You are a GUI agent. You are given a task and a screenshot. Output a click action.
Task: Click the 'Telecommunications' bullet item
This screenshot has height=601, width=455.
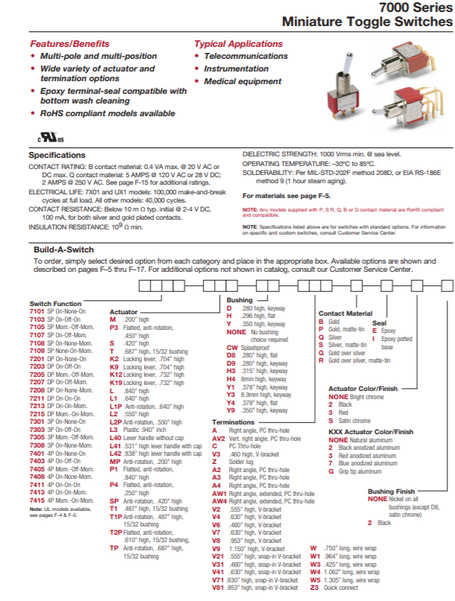coord(245,57)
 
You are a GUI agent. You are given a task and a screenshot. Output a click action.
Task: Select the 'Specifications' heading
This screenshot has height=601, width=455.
coord(57,155)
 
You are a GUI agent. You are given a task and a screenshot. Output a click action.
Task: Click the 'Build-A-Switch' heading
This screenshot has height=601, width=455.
coord(63,249)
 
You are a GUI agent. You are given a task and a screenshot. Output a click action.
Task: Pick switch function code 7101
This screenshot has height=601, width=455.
coord(37,311)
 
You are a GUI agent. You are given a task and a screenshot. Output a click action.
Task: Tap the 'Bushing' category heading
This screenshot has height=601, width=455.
coord(239,299)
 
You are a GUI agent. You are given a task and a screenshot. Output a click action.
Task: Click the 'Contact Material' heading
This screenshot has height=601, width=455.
coord(345,314)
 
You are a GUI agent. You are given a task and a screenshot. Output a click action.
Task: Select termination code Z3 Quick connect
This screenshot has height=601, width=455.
coord(314,588)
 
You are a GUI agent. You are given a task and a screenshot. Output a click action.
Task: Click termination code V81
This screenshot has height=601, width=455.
coord(219,588)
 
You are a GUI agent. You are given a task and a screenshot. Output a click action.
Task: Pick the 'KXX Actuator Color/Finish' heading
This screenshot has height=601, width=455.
coord(371,432)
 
